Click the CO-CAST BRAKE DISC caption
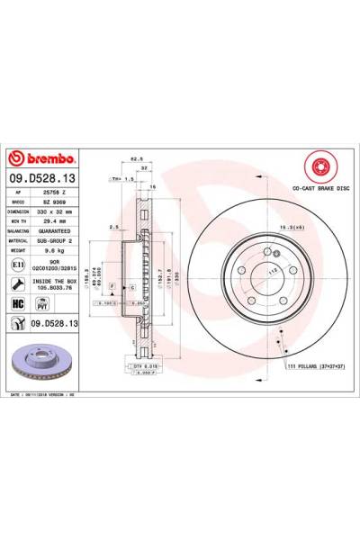[x=320, y=189]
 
